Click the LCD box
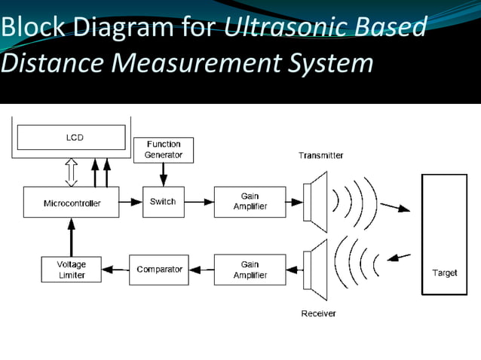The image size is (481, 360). (x=71, y=137)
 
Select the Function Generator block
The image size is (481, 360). (x=163, y=149)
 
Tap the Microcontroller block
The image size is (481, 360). (x=71, y=203)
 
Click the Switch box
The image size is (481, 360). (x=163, y=202)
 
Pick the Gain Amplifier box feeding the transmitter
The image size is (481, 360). (x=250, y=202)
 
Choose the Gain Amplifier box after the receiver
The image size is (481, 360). (x=250, y=270)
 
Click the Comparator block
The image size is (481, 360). (x=159, y=270)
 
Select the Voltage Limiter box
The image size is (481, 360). (x=71, y=270)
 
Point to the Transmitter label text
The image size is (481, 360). (x=320, y=155)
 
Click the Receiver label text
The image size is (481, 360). (x=318, y=313)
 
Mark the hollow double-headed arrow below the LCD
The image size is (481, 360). (x=72, y=172)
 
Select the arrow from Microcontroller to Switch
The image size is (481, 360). (x=130, y=202)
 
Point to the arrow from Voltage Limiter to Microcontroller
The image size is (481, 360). (x=71, y=236)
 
